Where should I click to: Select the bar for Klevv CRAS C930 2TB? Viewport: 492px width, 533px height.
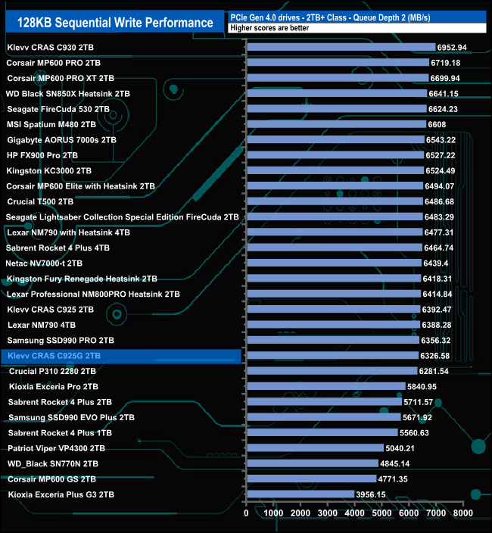coord(341,47)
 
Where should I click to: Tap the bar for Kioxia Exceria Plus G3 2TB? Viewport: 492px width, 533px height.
coord(300,494)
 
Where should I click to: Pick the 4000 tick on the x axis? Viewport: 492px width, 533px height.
coord(355,513)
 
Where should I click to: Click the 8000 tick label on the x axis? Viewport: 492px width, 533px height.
coord(463,513)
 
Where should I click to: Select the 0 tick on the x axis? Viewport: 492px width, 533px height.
coord(247,513)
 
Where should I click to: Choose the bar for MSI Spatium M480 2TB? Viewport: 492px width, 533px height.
coord(336,124)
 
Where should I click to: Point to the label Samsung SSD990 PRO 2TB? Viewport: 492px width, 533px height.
coord(60,340)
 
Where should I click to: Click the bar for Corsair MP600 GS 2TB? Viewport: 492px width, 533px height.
coord(311,478)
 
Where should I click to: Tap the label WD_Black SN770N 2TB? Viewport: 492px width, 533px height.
coord(53,463)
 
